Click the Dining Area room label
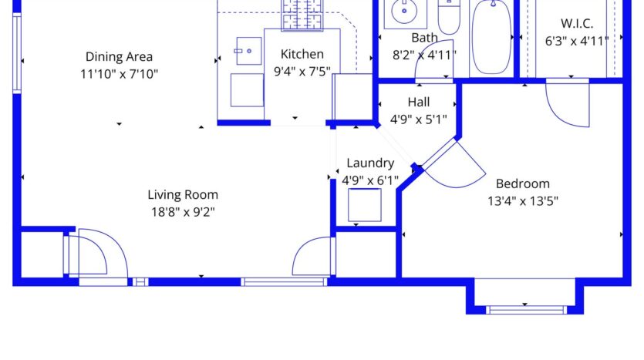click(x=119, y=56)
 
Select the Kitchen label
click(x=302, y=54)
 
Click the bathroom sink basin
click(x=403, y=12)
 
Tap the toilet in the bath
click(x=448, y=15)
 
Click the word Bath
click(x=424, y=37)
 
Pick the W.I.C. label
click(x=577, y=23)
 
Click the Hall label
click(x=419, y=102)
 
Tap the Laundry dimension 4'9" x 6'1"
click(x=370, y=180)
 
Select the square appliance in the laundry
click(x=364, y=205)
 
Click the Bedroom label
click(x=522, y=183)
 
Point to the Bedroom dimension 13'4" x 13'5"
click(x=522, y=201)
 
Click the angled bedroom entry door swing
click(x=453, y=166)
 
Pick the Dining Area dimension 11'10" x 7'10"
click(x=119, y=74)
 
